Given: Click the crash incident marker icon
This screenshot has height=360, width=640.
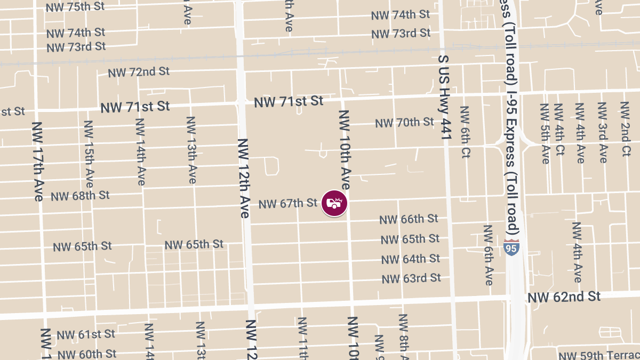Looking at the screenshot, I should pyautogui.click(x=334, y=203).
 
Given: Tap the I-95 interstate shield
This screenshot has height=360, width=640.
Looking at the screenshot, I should pyautogui.click(x=511, y=247).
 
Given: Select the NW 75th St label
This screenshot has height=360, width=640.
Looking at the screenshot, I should pyautogui.click(x=75, y=7).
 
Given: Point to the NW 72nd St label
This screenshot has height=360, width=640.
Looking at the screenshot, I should pyautogui.click(x=139, y=71).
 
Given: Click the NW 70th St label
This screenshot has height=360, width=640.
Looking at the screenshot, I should pyautogui.click(x=404, y=123).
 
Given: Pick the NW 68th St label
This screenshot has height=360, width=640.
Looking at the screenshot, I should pyautogui.click(x=80, y=195).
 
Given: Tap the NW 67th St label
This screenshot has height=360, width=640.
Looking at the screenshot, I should pyautogui.click(x=288, y=203).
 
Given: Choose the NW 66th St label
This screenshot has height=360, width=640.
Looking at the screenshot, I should pyautogui.click(x=409, y=219).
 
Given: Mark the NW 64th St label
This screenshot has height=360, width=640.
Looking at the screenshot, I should pyautogui.click(x=411, y=259).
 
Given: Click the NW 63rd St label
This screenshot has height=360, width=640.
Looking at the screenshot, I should pyautogui.click(x=411, y=278).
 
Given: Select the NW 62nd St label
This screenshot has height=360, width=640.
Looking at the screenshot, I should pyautogui.click(x=564, y=297).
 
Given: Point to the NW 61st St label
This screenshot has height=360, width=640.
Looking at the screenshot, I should pyautogui.click(x=86, y=334).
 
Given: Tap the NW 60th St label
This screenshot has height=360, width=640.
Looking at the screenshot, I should pyautogui.click(x=87, y=354).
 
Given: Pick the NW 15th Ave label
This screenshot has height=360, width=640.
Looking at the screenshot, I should pyautogui.click(x=89, y=154).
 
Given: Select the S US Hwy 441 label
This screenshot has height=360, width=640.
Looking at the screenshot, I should pyautogui.click(x=445, y=98).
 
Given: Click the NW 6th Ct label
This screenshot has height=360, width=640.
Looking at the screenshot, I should pyautogui.click(x=465, y=132).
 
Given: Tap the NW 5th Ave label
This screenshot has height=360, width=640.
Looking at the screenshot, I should pyautogui.click(x=545, y=133).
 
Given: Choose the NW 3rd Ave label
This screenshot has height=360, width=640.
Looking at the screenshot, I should pyautogui.click(x=602, y=132).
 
